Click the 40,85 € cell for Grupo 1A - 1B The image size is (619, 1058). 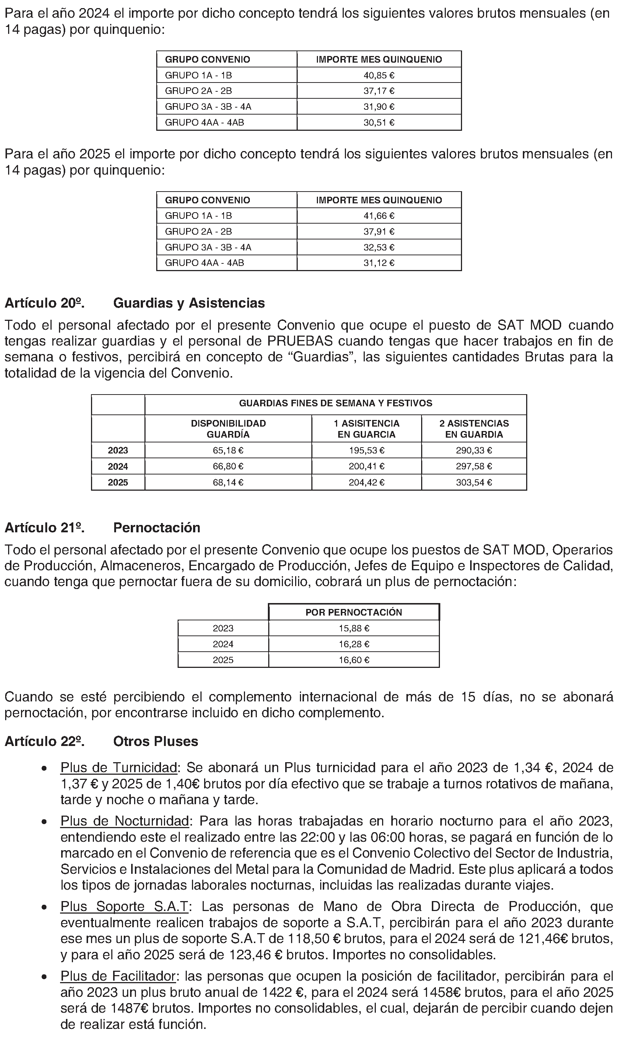(x=379, y=76)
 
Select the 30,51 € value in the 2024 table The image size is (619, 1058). (x=379, y=123)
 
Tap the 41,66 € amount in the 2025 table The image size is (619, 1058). (x=379, y=216)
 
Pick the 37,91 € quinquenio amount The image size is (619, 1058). (x=379, y=232)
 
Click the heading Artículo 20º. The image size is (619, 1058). (x=45, y=303)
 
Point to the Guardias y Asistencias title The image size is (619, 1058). (x=189, y=303)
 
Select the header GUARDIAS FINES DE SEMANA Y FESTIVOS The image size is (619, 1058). (x=336, y=403)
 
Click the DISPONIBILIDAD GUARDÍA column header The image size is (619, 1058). (x=228, y=429)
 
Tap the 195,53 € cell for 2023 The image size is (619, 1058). (x=367, y=451)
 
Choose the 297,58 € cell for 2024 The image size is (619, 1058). (x=474, y=466)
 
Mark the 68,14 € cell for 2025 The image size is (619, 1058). (x=228, y=482)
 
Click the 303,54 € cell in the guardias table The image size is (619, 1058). (x=474, y=482)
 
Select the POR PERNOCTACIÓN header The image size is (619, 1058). (x=354, y=613)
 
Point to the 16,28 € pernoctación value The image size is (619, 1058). (x=354, y=644)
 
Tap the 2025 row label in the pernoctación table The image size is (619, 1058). (x=223, y=660)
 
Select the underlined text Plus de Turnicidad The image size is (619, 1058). (x=119, y=768)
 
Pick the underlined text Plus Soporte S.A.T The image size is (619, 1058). (x=124, y=907)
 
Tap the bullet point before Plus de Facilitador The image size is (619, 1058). (x=44, y=978)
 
